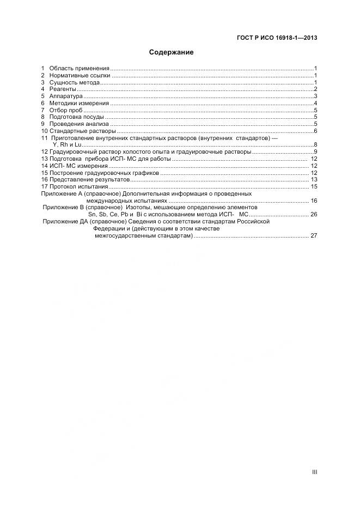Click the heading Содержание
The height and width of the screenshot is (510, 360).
coord(172,53)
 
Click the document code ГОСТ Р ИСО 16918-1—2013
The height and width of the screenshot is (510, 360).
coord(277,38)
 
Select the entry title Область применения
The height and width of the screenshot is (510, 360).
coord(80,68)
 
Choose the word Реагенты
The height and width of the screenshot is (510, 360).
coord(63,89)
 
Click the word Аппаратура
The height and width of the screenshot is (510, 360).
coord(66,96)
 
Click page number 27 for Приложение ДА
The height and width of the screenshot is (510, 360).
coord(314,236)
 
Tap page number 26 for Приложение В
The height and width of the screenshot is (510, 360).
coord(314,215)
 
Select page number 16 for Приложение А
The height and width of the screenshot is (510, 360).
coord(314,201)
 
